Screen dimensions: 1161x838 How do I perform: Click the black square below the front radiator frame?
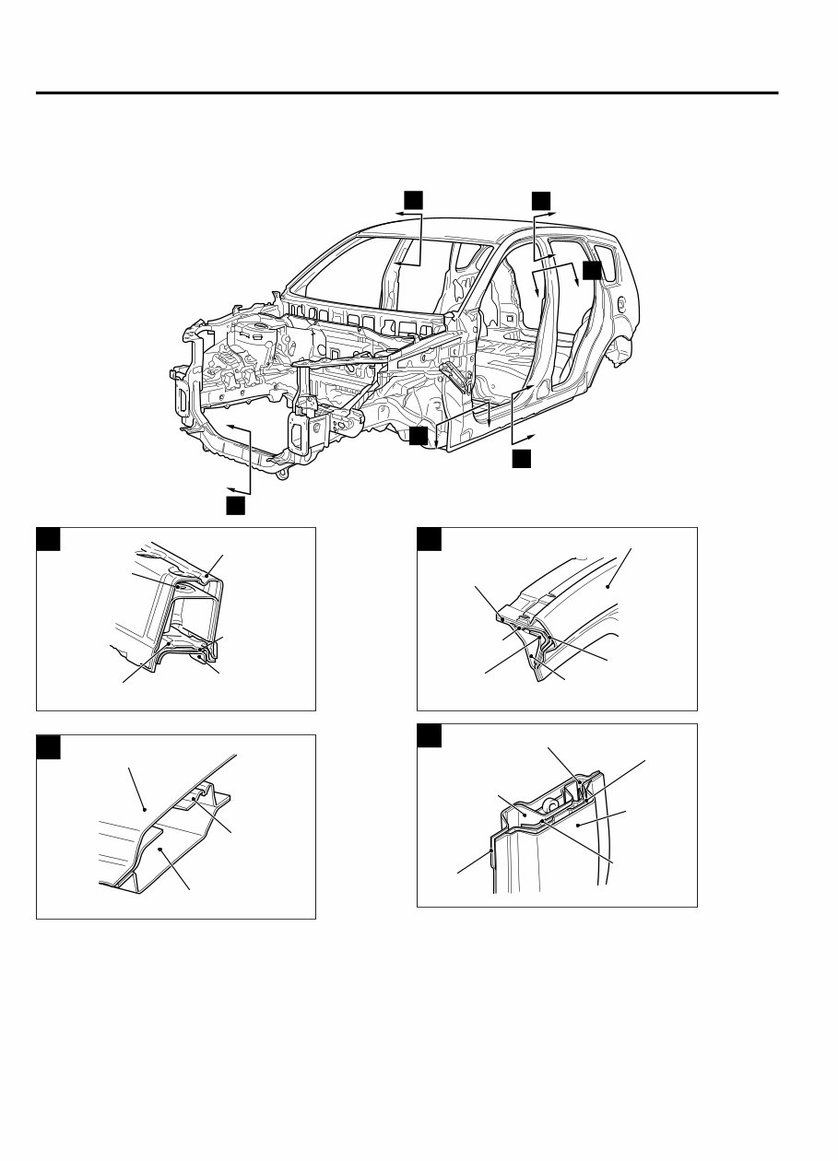(237, 505)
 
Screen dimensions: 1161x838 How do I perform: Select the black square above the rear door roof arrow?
(541, 200)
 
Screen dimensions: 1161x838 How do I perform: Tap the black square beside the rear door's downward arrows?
(591, 269)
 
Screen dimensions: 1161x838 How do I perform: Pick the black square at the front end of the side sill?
(419, 436)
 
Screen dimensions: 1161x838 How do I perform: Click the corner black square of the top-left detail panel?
(48, 539)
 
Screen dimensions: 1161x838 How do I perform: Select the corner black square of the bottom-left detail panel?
(48, 746)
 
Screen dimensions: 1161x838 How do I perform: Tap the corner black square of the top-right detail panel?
(430, 539)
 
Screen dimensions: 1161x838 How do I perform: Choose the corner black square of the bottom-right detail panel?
(430, 735)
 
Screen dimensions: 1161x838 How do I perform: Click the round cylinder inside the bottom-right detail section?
(549, 805)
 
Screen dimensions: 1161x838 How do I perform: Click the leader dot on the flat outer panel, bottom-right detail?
(577, 827)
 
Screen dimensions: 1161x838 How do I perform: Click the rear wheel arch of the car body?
(616, 347)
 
